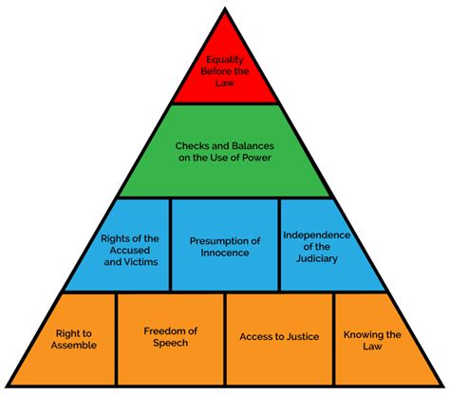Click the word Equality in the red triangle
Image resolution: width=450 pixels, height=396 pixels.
tap(225, 60)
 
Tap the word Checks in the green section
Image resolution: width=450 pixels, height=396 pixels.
tap(191, 146)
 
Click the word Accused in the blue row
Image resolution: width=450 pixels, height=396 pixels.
tap(130, 251)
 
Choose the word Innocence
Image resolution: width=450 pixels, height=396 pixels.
tap(225, 253)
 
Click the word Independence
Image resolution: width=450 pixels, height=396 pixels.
tap(317, 236)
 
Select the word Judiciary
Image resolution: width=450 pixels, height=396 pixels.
tap(317, 259)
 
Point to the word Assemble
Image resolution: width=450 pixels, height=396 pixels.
tap(74, 345)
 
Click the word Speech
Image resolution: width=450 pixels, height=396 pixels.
tap(171, 343)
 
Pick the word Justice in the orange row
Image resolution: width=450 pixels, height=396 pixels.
tap(301, 336)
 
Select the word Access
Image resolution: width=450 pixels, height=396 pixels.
tap(253, 336)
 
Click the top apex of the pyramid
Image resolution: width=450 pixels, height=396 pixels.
tap(225, 9)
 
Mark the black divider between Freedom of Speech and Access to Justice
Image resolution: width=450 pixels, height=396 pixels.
tap(225, 339)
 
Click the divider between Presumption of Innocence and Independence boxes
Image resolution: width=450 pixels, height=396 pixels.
tap(279, 244)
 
